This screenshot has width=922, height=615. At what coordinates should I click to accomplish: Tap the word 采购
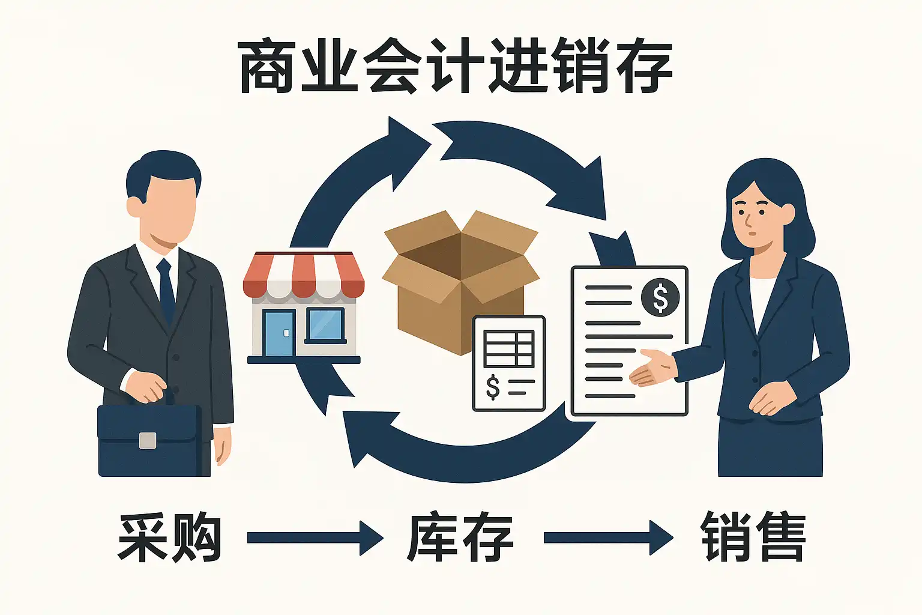pos(170,538)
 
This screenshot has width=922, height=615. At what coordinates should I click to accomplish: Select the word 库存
pos(460,538)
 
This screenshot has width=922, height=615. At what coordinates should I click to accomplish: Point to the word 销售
pos(753,538)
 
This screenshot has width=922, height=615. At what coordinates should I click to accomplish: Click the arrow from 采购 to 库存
pos(315,538)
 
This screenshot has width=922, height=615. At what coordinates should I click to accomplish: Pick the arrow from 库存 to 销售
pos(607,538)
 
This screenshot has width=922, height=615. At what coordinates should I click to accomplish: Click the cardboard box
pos(460,276)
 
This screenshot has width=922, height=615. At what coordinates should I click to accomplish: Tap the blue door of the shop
pos(279,333)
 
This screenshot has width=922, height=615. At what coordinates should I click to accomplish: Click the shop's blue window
pos(325,325)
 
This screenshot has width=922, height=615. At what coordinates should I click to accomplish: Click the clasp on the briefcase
pos(148,440)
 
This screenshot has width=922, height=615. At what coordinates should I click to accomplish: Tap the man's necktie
pos(166,288)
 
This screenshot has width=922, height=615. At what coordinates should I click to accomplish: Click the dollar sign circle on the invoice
pos(660,297)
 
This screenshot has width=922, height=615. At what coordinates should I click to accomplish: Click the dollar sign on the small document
pos(493,387)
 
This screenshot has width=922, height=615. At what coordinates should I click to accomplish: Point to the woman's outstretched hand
pos(651,368)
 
